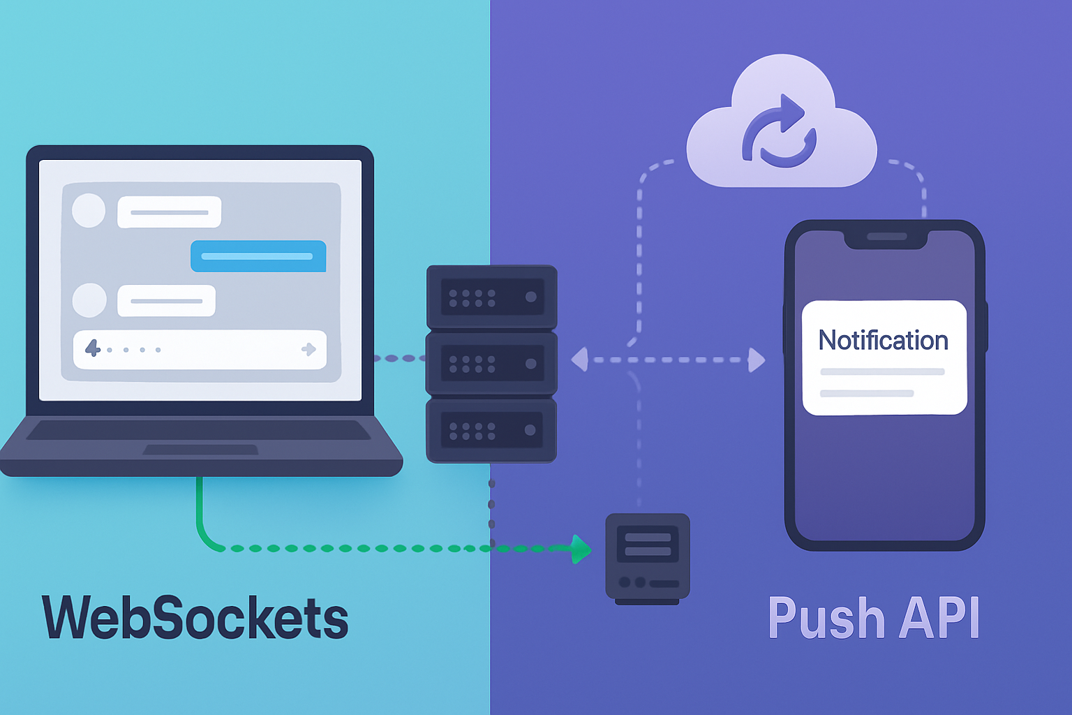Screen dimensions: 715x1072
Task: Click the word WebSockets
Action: click(x=195, y=617)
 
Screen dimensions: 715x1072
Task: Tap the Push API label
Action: click(x=873, y=617)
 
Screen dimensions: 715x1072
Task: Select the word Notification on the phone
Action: click(x=883, y=340)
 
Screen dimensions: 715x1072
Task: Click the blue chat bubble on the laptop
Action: click(x=258, y=256)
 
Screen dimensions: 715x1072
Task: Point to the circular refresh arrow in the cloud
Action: click(x=779, y=132)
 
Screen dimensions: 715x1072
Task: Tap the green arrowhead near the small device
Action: click(x=581, y=549)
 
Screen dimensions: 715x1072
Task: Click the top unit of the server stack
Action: click(x=491, y=297)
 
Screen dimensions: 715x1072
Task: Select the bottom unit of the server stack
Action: click(x=491, y=429)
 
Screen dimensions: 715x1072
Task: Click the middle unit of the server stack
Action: click(x=491, y=363)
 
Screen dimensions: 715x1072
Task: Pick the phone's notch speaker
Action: click(x=886, y=237)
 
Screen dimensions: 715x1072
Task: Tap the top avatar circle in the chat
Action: click(x=89, y=210)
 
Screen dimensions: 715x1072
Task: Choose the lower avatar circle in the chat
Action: click(x=89, y=300)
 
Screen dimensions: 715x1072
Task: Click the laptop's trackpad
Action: click(x=200, y=450)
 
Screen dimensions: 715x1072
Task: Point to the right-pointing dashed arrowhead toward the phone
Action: click(x=756, y=360)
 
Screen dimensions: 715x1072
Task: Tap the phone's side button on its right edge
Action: click(x=986, y=326)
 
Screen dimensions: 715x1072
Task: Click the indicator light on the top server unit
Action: click(x=530, y=297)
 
